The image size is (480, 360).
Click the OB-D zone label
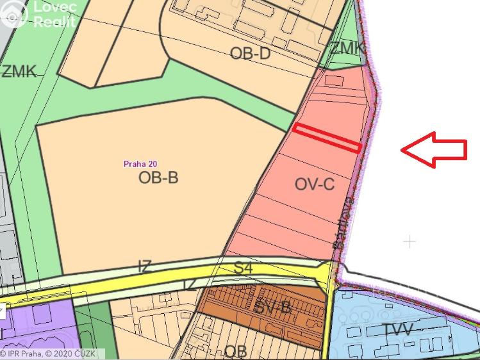[250, 53]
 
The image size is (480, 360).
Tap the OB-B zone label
[158, 177]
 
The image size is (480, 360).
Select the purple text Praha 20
[140, 163]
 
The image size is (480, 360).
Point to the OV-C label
[315, 184]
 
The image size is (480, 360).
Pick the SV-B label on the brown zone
[272, 307]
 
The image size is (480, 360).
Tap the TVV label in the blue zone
[398, 330]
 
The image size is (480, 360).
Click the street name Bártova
[344, 222]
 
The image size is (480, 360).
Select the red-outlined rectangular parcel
[327, 138]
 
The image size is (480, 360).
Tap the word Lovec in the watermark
[54, 8]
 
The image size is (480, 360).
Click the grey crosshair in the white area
[410, 241]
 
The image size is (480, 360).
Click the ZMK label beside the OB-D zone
[347, 47]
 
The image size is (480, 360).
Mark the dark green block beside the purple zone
[93, 330]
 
